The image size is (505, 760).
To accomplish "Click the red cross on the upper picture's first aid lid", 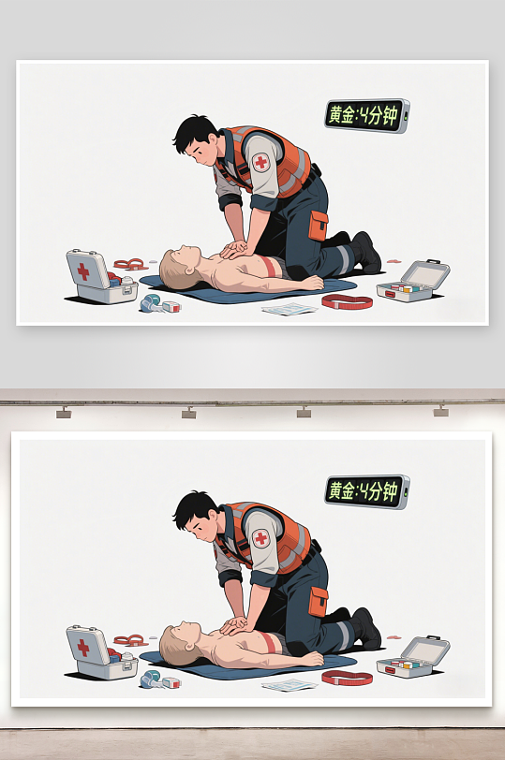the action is [x=83, y=271].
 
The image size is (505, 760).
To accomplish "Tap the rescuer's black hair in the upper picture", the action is [x=194, y=130].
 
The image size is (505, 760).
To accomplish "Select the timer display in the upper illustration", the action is [x=367, y=116].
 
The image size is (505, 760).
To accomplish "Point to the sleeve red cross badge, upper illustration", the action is [x=261, y=162].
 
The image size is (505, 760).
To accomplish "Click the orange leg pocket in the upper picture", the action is [x=319, y=226].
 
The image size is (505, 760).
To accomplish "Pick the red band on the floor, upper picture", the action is [x=348, y=301].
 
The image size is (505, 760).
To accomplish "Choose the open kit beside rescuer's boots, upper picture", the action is [x=413, y=282].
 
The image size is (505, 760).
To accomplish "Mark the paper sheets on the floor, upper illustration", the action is [x=290, y=309].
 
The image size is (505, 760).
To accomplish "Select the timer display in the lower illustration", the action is [x=367, y=492].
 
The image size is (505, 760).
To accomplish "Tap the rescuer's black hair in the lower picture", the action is [x=194, y=506].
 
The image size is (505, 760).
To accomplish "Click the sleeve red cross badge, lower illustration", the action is [x=261, y=538].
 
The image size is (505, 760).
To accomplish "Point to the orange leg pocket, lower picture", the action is [x=319, y=602].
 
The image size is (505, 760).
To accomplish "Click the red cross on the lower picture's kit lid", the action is [x=83, y=648].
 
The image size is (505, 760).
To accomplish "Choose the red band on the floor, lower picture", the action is [x=348, y=678].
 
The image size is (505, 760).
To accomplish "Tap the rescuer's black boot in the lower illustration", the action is [x=366, y=628].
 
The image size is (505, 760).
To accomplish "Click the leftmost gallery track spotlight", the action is [x=64, y=413].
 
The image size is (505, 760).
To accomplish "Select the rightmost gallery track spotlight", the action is [x=441, y=412].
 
